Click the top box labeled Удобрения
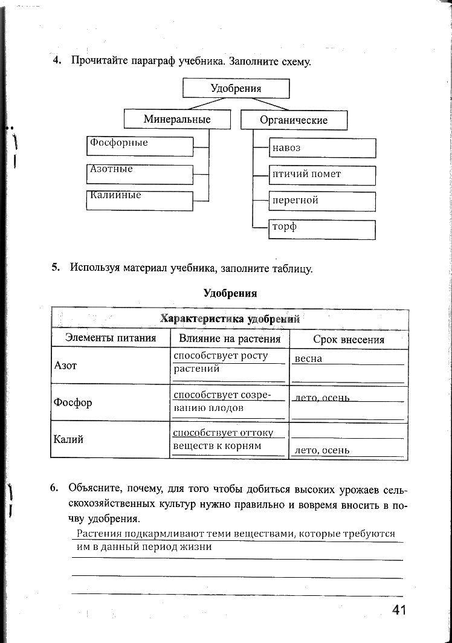pos(236,88)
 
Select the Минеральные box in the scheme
pos(177,119)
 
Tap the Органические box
pos(294,120)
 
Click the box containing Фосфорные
pos(140,146)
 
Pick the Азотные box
pos(140,174)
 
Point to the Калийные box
pos(140,201)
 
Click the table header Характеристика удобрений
pos(230,318)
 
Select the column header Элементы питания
pos(111,338)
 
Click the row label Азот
pos(66,366)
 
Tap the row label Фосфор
pos(73,402)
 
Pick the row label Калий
pos(68,439)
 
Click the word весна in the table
pos(308,359)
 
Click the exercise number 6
pos(54,488)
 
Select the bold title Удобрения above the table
pos(230,294)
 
